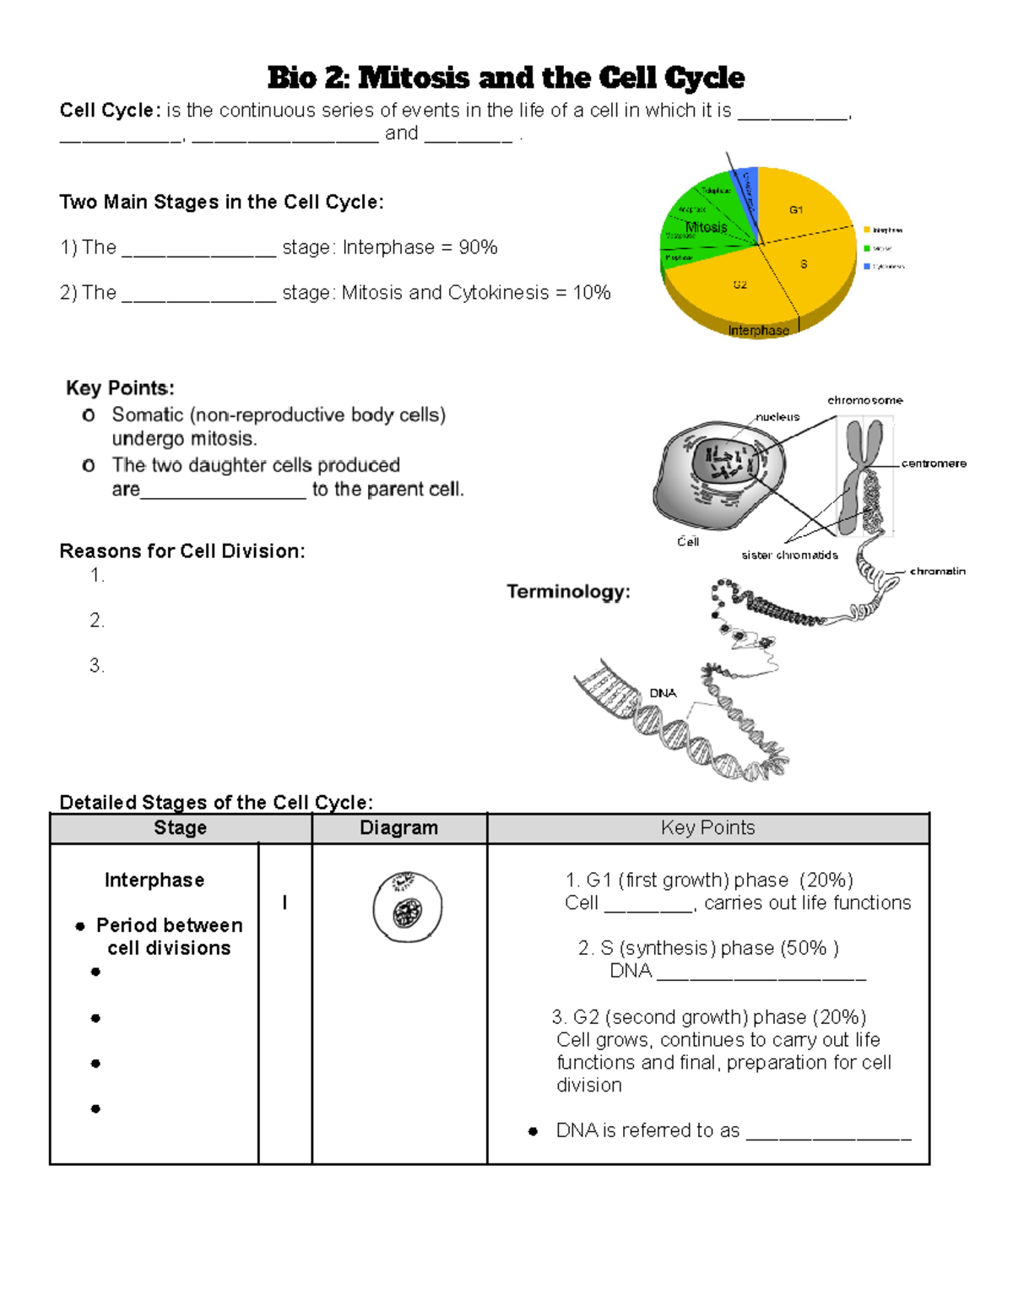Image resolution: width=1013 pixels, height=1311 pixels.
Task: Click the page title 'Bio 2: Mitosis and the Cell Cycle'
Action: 506,78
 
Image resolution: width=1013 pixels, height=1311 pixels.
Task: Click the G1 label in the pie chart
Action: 795,209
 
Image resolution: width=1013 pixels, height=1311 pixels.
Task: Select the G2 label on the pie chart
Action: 739,284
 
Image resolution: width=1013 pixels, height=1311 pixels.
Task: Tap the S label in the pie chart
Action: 803,264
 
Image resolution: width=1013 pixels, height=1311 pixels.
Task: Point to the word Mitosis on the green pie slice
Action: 706,227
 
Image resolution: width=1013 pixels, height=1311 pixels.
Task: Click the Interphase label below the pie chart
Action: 758,330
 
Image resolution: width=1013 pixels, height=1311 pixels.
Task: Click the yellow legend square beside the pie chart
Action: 866,230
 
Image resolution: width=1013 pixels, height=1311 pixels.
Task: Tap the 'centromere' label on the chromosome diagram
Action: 933,463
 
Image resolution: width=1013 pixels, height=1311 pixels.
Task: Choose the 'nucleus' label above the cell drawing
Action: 777,417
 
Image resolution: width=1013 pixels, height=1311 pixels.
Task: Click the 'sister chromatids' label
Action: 789,555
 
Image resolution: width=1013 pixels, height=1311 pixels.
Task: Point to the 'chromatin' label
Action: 937,572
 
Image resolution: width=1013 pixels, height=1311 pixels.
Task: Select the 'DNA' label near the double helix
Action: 663,693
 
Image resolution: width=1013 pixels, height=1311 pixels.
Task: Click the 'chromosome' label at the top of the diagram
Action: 864,400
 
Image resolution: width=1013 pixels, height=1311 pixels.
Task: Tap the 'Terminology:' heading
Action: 568,592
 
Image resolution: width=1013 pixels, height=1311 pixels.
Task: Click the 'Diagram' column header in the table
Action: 398,828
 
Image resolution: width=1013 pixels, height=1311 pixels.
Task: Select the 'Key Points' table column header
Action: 707,828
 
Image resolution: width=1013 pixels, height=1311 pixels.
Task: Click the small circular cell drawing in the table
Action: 408,907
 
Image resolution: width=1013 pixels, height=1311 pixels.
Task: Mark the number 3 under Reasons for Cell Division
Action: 97,666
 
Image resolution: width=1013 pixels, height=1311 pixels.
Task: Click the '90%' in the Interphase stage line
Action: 478,247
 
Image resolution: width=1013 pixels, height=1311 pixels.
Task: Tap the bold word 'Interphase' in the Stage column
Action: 154,880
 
